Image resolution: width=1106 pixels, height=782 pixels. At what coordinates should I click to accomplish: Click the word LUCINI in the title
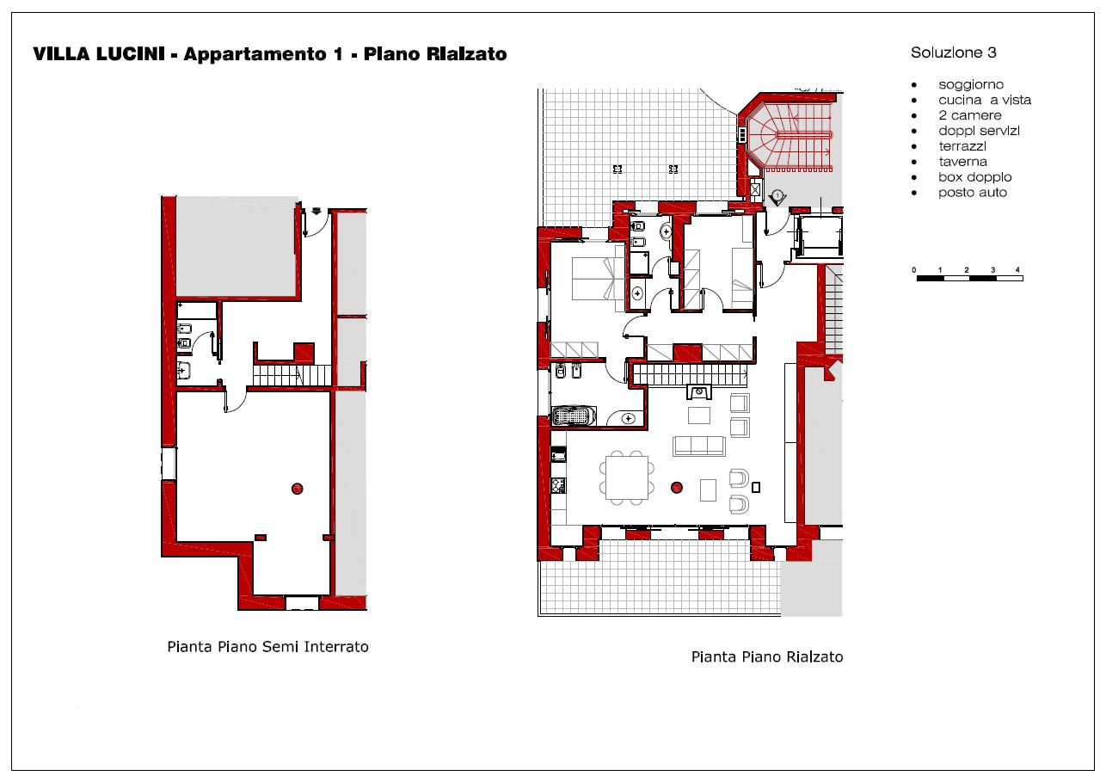[x=131, y=54]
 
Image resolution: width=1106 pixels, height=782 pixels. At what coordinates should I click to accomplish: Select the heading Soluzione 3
[x=954, y=52]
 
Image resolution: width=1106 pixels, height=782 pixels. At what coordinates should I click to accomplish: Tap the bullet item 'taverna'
[x=963, y=162]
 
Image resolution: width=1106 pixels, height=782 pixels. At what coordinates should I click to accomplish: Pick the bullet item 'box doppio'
[x=974, y=177]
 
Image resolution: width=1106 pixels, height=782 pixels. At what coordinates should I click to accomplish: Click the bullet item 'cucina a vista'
[x=985, y=100]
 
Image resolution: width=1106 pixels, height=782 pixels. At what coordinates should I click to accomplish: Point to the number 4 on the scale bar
[x=1017, y=270]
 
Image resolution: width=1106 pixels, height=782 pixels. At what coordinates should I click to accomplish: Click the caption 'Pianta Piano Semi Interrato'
[x=267, y=647]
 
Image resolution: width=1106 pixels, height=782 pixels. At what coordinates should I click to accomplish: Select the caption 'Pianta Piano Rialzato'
[x=767, y=656]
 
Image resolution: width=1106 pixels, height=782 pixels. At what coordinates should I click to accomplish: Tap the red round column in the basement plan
[x=297, y=489]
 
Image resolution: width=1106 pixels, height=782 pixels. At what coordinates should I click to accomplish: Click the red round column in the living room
[x=677, y=488]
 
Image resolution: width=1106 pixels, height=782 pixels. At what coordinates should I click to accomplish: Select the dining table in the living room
[x=627, y=477]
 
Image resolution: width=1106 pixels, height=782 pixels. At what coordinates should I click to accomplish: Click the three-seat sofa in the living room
[x=698, y=446]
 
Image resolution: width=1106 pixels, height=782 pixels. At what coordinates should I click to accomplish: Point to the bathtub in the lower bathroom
[x=574, y=416]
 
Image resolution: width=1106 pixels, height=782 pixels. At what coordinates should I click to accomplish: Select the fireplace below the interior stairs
[x=699, y=392]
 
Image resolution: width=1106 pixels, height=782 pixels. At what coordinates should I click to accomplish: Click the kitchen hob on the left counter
[x=558, y=485]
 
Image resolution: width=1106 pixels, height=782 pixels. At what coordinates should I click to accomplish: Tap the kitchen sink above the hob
[x=558, y=454]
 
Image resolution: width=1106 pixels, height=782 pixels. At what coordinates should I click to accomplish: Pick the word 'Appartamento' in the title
[x=256, y=54]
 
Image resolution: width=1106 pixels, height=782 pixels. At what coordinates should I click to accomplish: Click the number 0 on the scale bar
[x=914, y=270]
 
